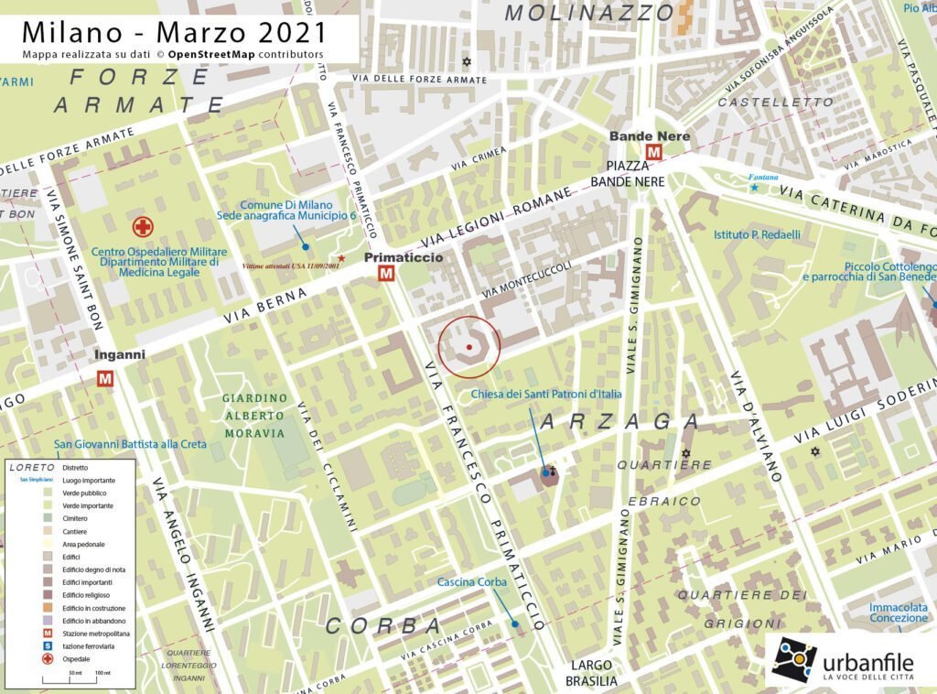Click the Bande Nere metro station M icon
tap(654, 152)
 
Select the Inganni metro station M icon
tap(106, 377)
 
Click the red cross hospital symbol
tap(142, 227)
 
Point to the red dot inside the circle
tap(469, 347)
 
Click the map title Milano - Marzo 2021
tap(174, 32)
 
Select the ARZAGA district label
tap(619, 422)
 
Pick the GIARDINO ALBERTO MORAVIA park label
tap(254, 416)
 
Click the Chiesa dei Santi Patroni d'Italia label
tap(546, 394)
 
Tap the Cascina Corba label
tap(471, 582)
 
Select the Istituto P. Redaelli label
tap(757, 234)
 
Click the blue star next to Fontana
tap(755, 188)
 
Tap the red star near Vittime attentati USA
tap(341, 259)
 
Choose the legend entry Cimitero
tap(78, 518)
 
